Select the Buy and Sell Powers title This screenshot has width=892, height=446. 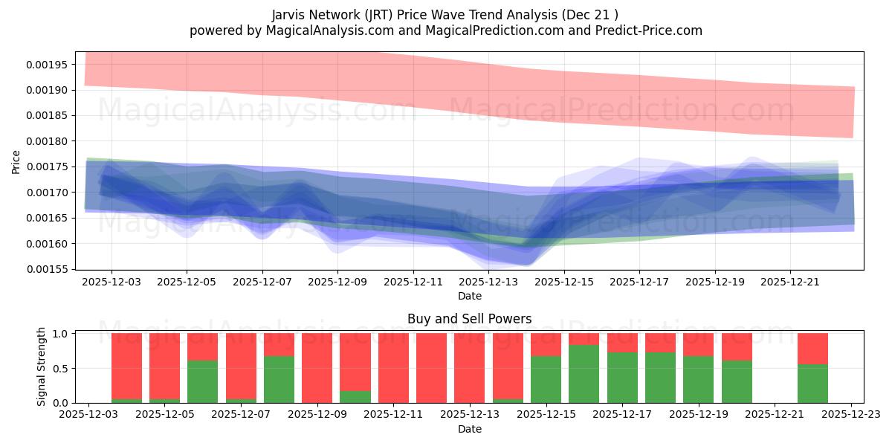tap(469, 319)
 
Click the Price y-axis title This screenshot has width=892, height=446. tap(16, 161)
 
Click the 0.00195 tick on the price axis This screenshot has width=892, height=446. tap(48, 65)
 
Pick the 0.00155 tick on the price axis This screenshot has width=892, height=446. tap(48, 269)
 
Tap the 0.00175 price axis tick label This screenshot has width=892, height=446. tap(48, 167)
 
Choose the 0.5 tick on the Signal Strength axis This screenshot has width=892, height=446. tap(62, 368)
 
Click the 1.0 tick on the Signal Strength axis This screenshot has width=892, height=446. tap(62, 334)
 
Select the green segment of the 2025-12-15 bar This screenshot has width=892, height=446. tap(546, 379)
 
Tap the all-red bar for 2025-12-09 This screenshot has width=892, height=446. tap(317, 368)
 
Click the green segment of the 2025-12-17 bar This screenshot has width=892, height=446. tap(622, 377)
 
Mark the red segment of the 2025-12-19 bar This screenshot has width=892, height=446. tap(698, 344)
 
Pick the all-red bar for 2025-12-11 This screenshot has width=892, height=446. tap(393, 368)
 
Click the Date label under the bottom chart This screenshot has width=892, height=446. tap(469, 429)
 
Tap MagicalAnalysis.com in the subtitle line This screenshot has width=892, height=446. tap(303, 30)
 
